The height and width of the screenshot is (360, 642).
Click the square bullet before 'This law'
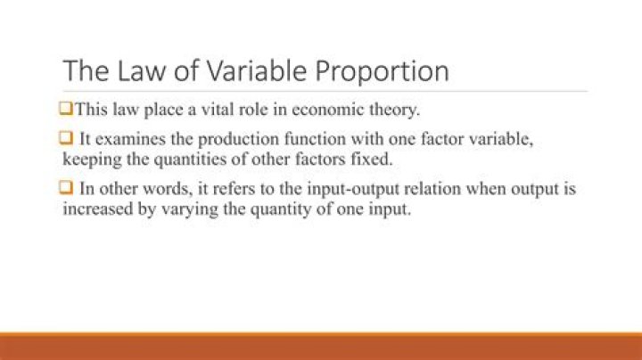click(67, 110)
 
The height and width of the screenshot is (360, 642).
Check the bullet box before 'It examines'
click(67, 141)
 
